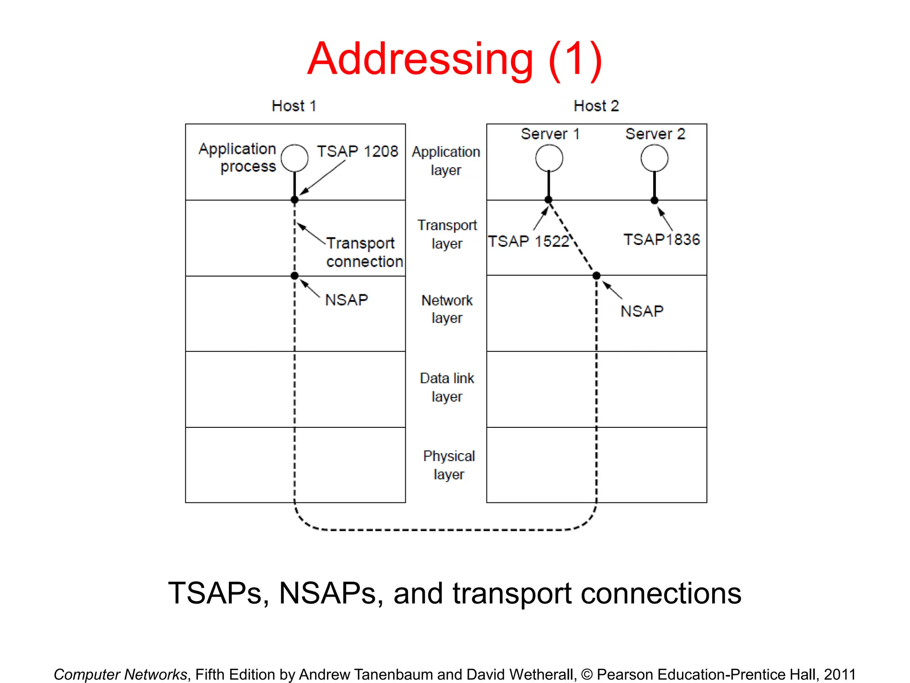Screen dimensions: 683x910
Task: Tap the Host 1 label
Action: point(294,106)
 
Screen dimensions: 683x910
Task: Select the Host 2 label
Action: point(596,106)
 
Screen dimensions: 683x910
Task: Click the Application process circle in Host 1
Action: point(295,158)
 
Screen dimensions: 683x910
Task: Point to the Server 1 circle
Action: point(549,158)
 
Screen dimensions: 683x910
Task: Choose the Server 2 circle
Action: point(654,158)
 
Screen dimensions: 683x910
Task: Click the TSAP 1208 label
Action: point(358,151)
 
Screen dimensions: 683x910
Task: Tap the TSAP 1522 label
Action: point(528,241)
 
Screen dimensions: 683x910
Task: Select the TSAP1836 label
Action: point(662,240)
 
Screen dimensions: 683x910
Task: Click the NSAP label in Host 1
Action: point(347,300)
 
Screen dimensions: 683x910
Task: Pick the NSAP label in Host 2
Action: point(642,311)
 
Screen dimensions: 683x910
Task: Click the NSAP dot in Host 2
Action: point(596,276)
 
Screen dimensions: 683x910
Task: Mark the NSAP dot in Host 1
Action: point(295,276)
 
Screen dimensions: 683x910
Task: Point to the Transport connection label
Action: point(364,252)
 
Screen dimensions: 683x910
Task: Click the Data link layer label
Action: point(447,387)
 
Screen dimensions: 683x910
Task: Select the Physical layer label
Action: point(449,465)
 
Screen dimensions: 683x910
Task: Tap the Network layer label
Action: point(447,309)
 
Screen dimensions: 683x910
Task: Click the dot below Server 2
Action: point(654,200)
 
